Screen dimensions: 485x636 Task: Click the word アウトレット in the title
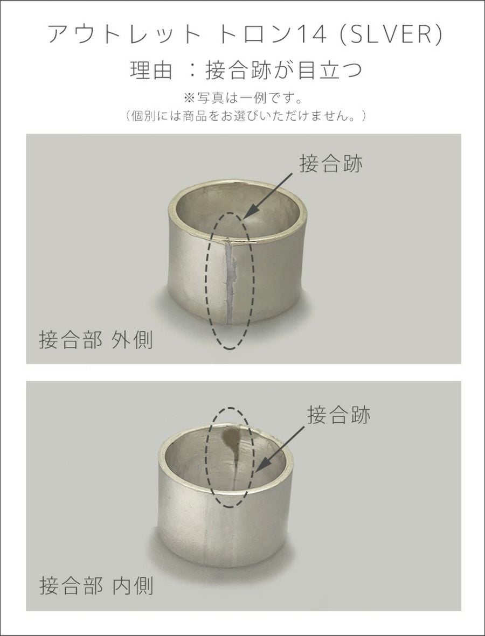[x=124, y=34]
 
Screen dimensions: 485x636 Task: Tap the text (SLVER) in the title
[x=391, y=34]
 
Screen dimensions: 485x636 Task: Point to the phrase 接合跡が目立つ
[x=283, y=70]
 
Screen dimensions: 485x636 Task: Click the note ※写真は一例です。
[x=243, y=99]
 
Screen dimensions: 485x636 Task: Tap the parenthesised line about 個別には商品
[x=246, y=116]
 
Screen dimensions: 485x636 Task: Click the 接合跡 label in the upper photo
[x=331, y=164]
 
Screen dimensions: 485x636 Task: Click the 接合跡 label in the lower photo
[x=339, y=415]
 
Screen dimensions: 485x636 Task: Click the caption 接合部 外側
[x=96, y=340]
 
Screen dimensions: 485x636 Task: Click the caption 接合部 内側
[x=96, y=586]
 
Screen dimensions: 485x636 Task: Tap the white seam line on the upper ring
[x=230, y=282]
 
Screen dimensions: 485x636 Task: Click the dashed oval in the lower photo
[x=207, y=457]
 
